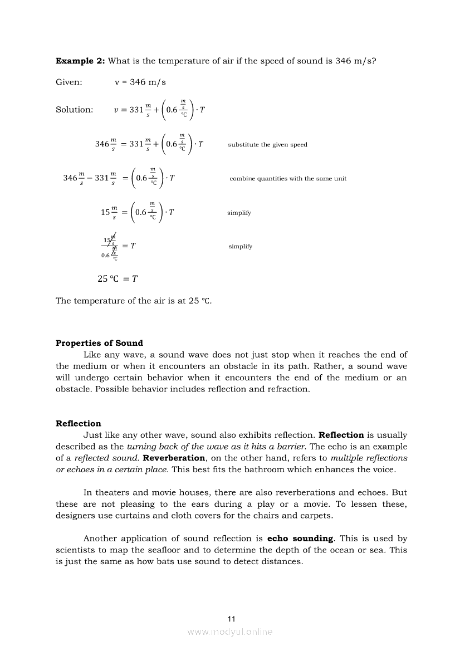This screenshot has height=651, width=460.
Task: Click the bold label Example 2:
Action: [80, 61]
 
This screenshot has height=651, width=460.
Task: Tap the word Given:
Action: [68, 82]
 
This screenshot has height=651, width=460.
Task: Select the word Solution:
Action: [74, 110]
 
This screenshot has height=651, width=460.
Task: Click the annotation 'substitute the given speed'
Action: [267, 145]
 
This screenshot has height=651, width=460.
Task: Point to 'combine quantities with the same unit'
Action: [288, 179]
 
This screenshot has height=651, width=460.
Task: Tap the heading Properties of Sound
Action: [99, 343]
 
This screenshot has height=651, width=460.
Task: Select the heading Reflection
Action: [79, 423]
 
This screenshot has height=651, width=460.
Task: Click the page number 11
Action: [232, 619]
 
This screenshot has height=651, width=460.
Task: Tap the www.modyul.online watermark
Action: [230, 632]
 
